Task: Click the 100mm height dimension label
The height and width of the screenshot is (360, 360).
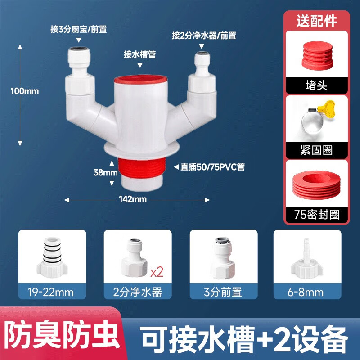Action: pos(25,91)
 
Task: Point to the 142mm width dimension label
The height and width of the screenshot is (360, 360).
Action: pos(137,199)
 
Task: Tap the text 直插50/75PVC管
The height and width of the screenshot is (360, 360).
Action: pos(212,167)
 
